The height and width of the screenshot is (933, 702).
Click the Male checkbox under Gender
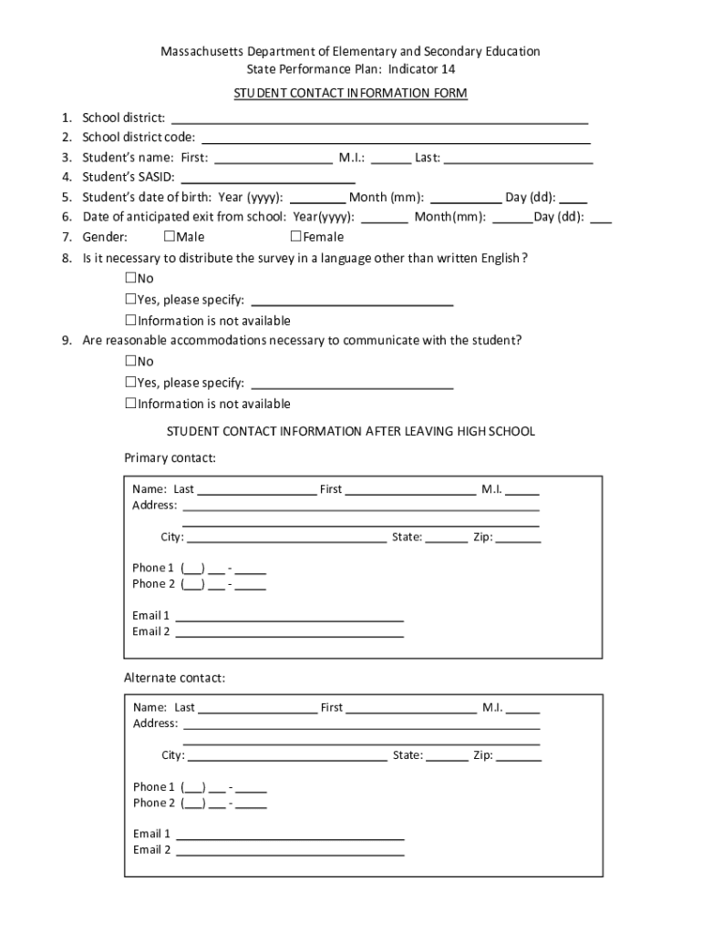(x=169, y=237)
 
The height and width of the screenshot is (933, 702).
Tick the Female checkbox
(x=295, y=237)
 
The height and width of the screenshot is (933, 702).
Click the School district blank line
(x=379, y=118)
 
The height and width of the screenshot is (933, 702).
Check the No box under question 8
(x=130, y=278)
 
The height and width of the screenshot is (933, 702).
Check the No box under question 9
(x=130, y=361)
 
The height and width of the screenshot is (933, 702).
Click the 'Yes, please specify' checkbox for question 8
(x=130, y=300)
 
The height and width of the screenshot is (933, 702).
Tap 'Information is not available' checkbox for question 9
(x=130, y=404)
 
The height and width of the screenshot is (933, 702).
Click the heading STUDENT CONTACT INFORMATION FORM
(x=351, y=94)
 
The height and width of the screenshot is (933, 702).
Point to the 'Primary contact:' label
(x=170, y=457)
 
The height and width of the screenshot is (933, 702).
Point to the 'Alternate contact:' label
(x=174, y=678)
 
